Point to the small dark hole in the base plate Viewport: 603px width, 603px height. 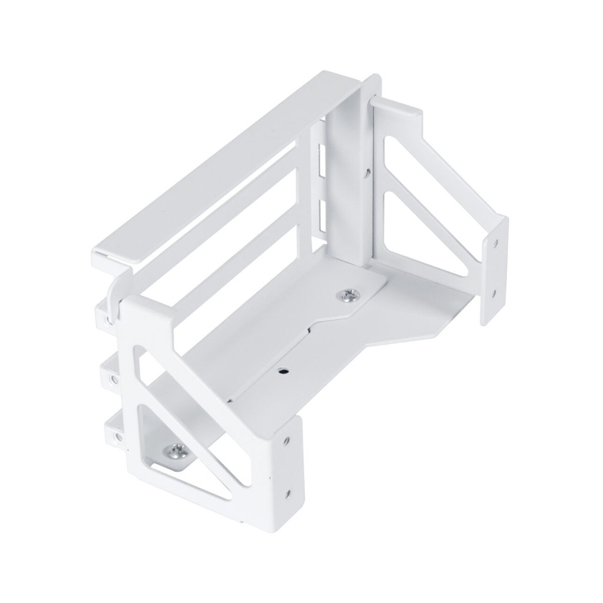coord(283,371)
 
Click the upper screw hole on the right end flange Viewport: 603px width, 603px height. coord(497,242)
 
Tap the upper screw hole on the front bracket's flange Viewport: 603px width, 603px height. coord(287,440)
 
